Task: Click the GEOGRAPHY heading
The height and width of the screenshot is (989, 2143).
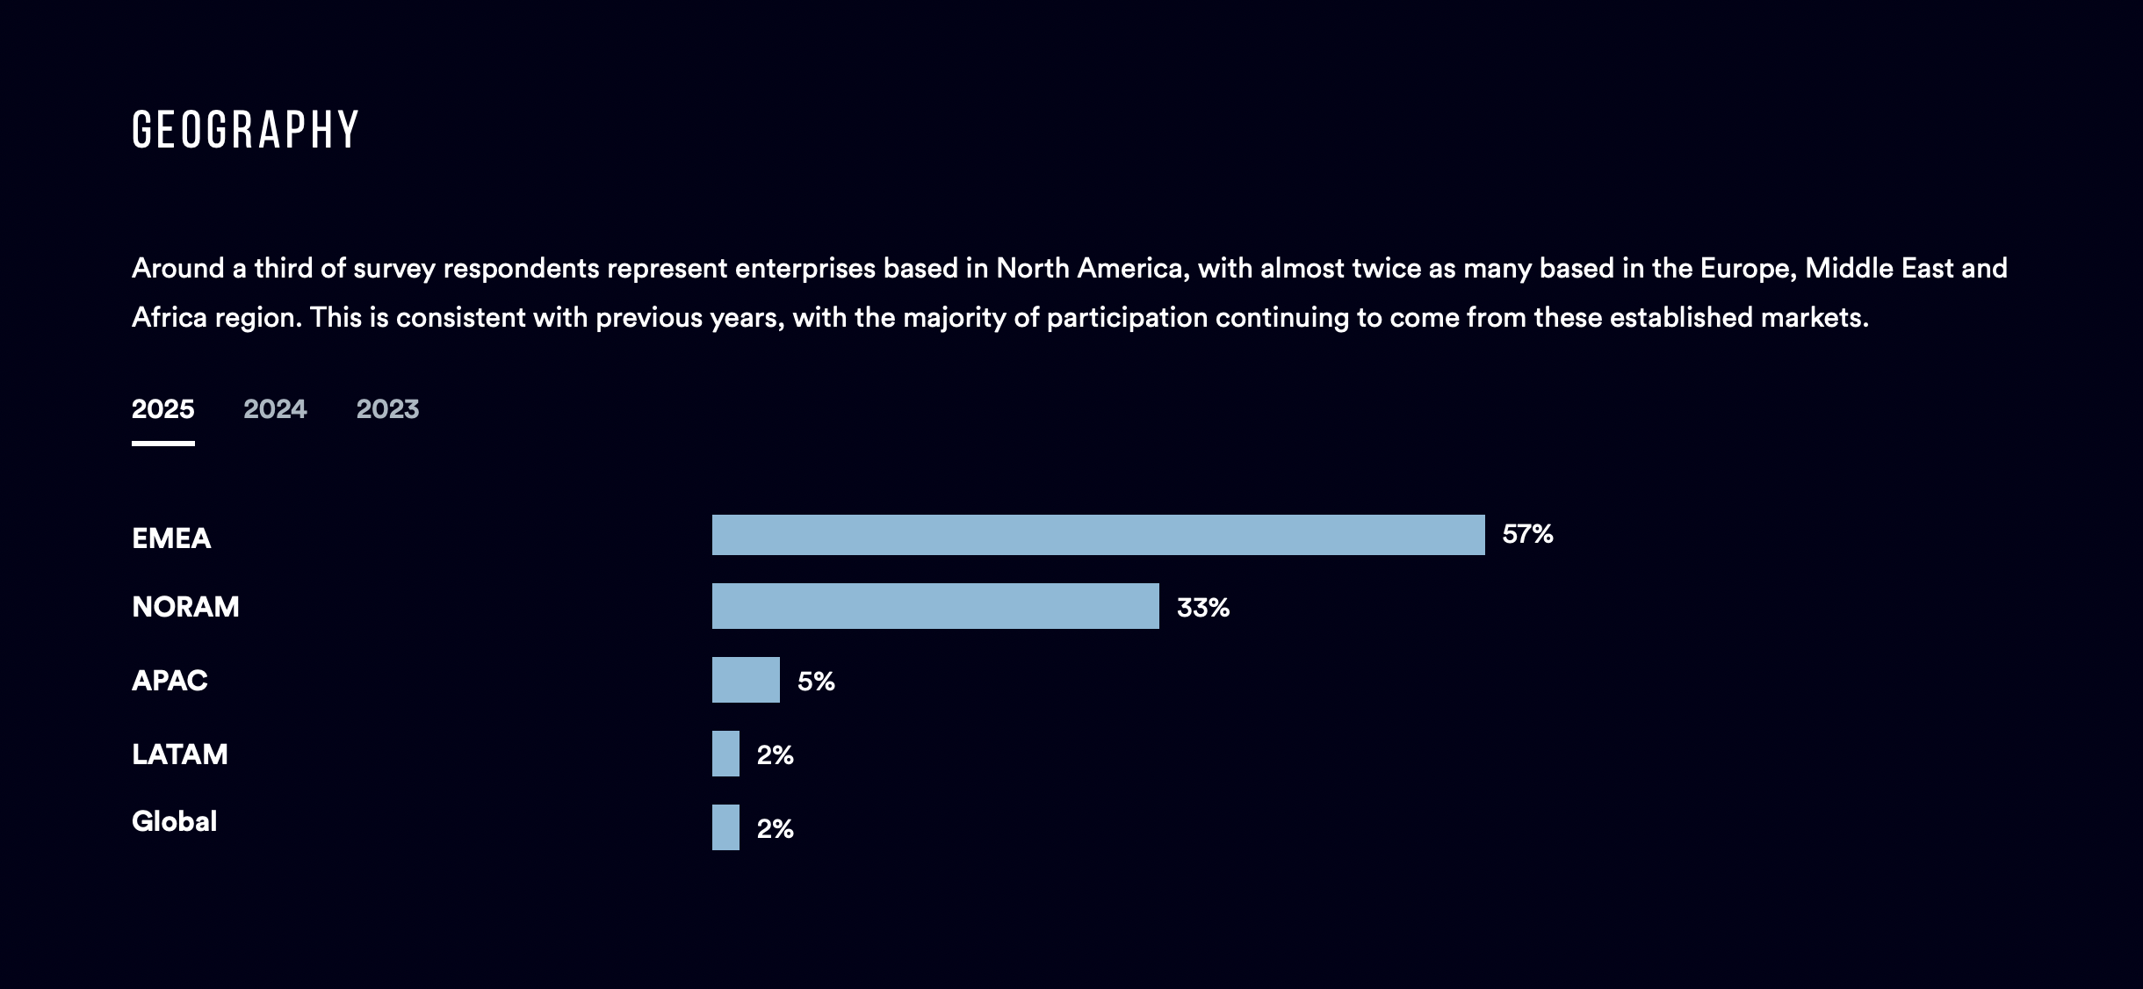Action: tap(246, 130)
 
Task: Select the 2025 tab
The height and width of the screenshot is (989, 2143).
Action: tap(163, 409)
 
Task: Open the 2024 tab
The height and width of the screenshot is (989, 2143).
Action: tap(275, 409)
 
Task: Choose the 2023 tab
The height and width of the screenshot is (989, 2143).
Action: tap(387, 409)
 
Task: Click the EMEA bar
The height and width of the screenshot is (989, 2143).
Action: tap(1098, 535)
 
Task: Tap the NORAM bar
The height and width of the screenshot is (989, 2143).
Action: tap(935, 606)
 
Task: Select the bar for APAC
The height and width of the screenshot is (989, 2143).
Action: tap(746, 680)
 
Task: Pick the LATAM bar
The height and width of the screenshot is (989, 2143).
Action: tap(725, 754)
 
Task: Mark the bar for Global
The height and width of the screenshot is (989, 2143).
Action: tap(725, 827)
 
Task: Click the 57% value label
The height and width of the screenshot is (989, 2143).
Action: tap(1527, 534)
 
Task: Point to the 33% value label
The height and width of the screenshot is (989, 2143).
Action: tap(1202, 608)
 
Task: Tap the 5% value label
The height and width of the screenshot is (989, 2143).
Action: tap(816, 682)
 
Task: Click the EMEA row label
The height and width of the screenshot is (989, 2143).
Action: tap(171, 538)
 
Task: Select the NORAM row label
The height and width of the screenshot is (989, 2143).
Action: tap(185, 607)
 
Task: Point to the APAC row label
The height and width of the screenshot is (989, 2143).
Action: tap(170, 681)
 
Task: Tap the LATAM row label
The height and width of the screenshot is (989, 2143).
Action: tap(180, 754)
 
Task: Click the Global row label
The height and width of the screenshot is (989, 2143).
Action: tap(174, 821)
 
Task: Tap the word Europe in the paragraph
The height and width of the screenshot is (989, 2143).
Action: tap(1747, 268)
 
